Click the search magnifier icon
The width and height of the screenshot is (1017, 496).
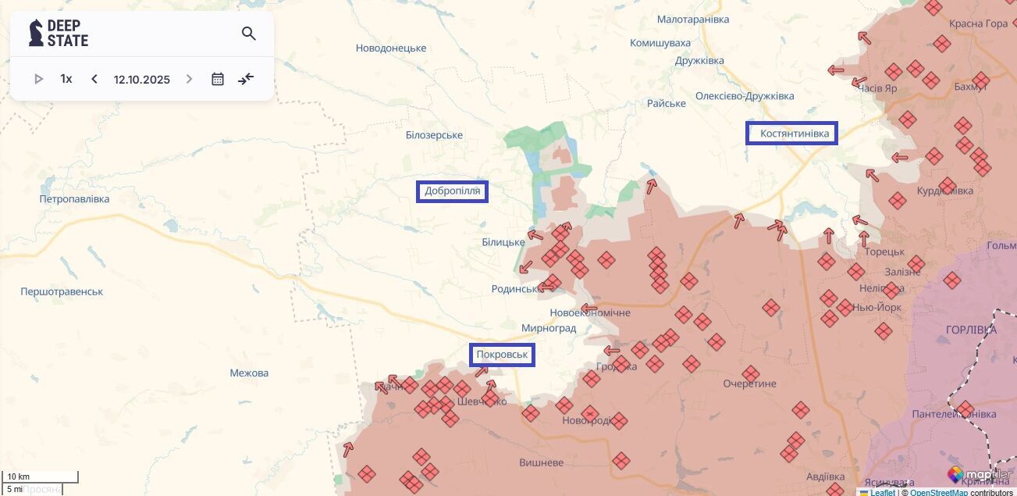pos(249,34)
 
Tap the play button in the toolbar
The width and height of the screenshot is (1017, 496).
pos(39,79)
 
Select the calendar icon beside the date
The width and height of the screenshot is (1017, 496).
pos(218,79)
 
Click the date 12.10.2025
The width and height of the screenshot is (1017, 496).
pos(141,80)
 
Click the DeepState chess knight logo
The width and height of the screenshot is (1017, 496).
pos(36,33)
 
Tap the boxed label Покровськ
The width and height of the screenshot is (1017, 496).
pos(502,355)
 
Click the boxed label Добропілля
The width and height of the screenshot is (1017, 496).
pos(452,191)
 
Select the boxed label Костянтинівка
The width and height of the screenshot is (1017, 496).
pos(791,134)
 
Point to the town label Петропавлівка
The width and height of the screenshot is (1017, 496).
pos(75,199)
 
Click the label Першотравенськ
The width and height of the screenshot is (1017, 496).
pos(62,291)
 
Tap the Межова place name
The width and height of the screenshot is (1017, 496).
pos(249,373)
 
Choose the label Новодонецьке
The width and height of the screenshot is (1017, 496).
pos(391,48)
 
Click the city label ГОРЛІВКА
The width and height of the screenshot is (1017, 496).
pos(970,330)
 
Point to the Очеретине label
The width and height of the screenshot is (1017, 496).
pos(749,384)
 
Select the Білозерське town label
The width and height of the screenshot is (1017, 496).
pos(434,135)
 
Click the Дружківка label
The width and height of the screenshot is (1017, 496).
pos(699,60)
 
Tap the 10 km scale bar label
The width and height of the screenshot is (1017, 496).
pos(19,476)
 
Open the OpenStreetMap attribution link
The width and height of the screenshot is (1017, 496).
pos(938,492)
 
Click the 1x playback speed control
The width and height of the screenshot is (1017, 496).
pos(66,79)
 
